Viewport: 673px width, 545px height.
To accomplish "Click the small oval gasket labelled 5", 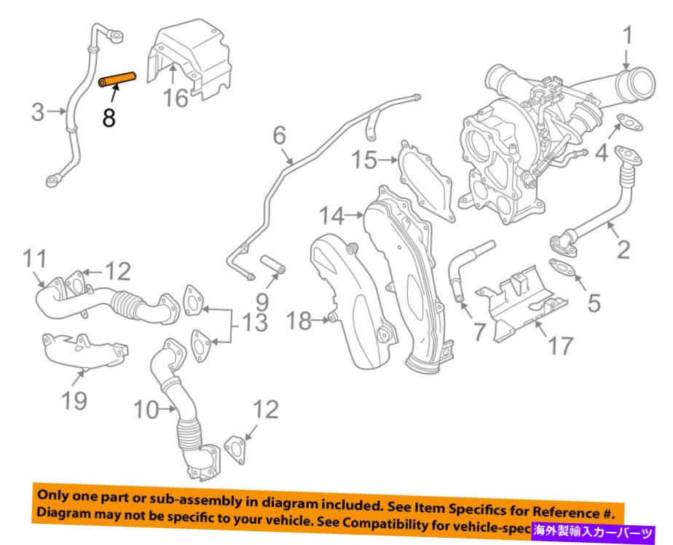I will [560, 268].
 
